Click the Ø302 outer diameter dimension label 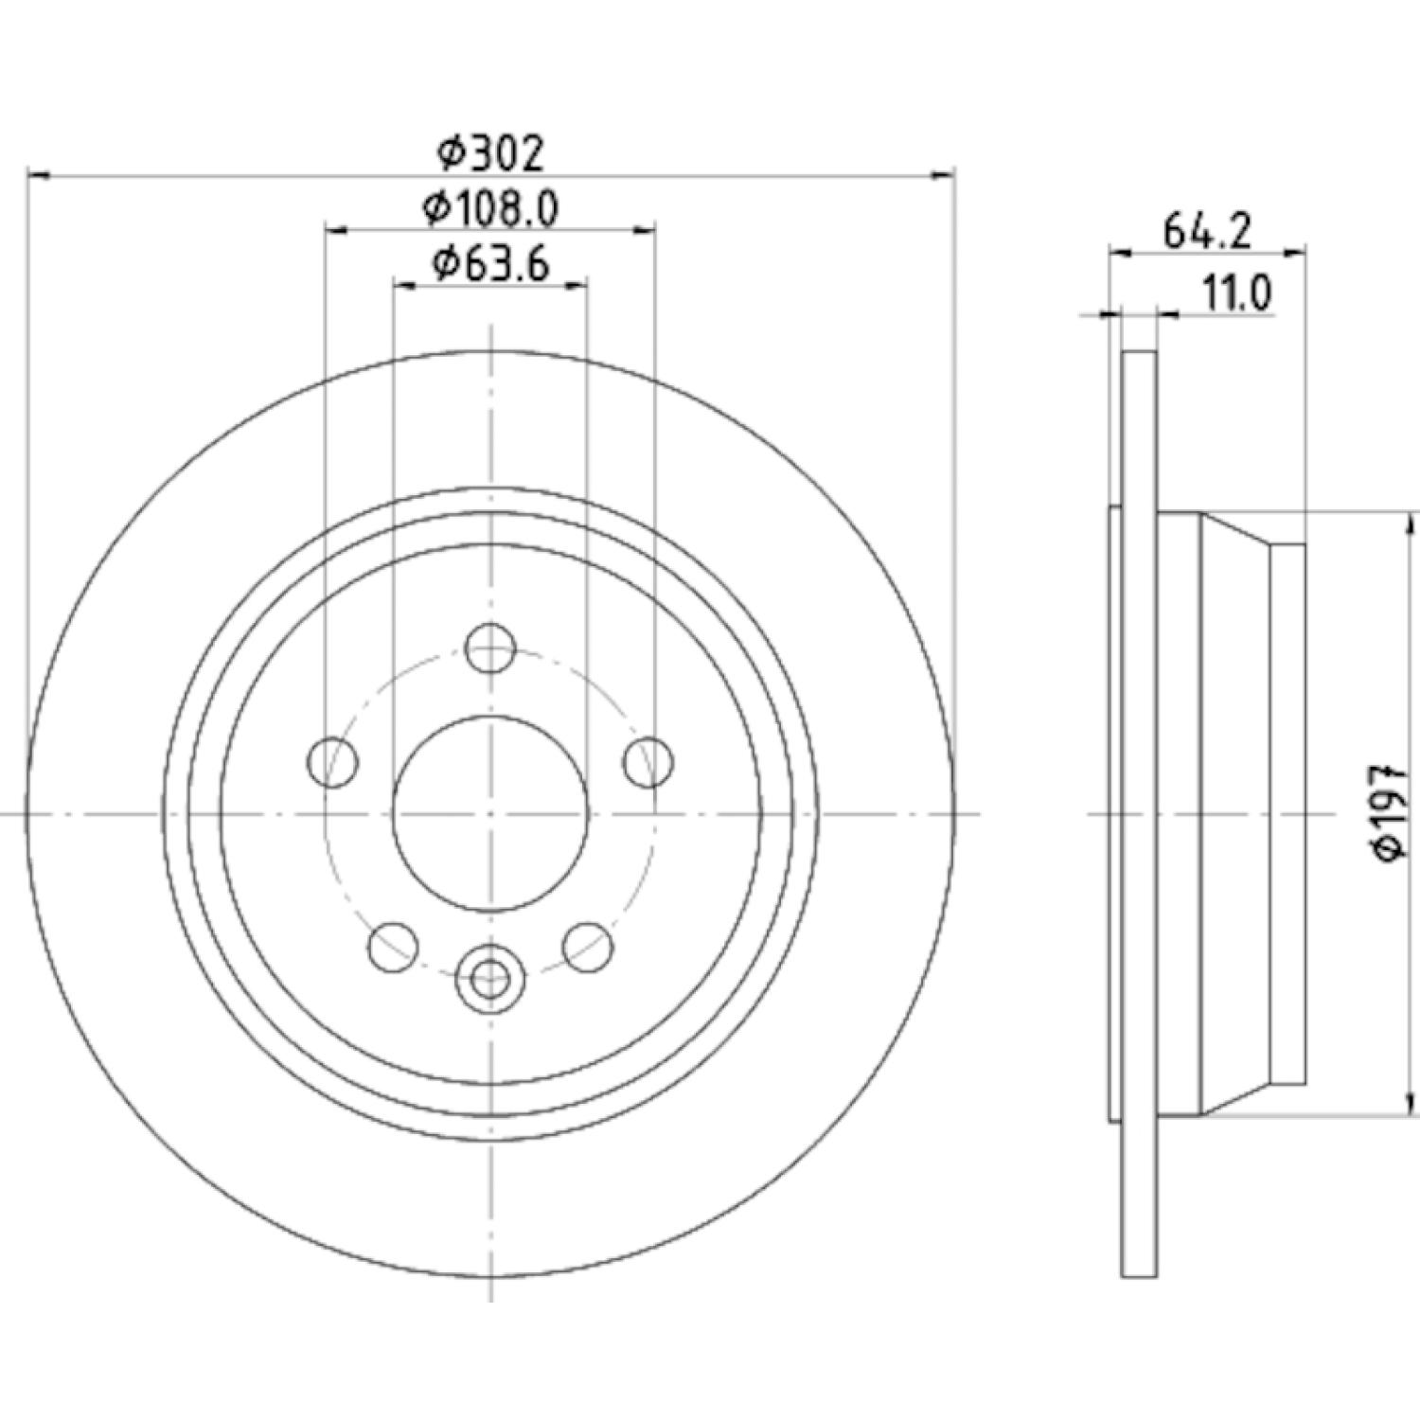point(491,153)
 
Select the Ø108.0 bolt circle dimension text point(491,208)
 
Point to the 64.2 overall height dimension point(1207,231)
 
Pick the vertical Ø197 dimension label point(1392,813)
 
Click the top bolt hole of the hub point(490,648)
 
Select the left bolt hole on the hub point(334,760)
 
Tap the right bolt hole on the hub point(648,760)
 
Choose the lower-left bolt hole point(394,946)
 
